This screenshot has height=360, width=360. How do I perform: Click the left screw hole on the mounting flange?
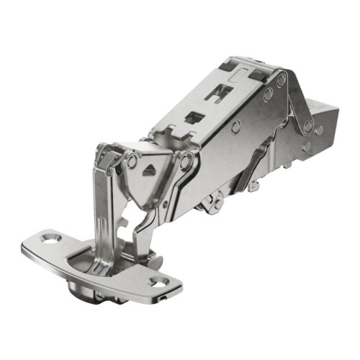click(x=50, y=238)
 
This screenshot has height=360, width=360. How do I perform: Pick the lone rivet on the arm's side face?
click(x=236, y=127)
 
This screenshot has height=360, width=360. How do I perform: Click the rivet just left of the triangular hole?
click(x=132, y=160)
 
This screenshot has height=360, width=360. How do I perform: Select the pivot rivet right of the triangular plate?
click(x=188, y=165)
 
